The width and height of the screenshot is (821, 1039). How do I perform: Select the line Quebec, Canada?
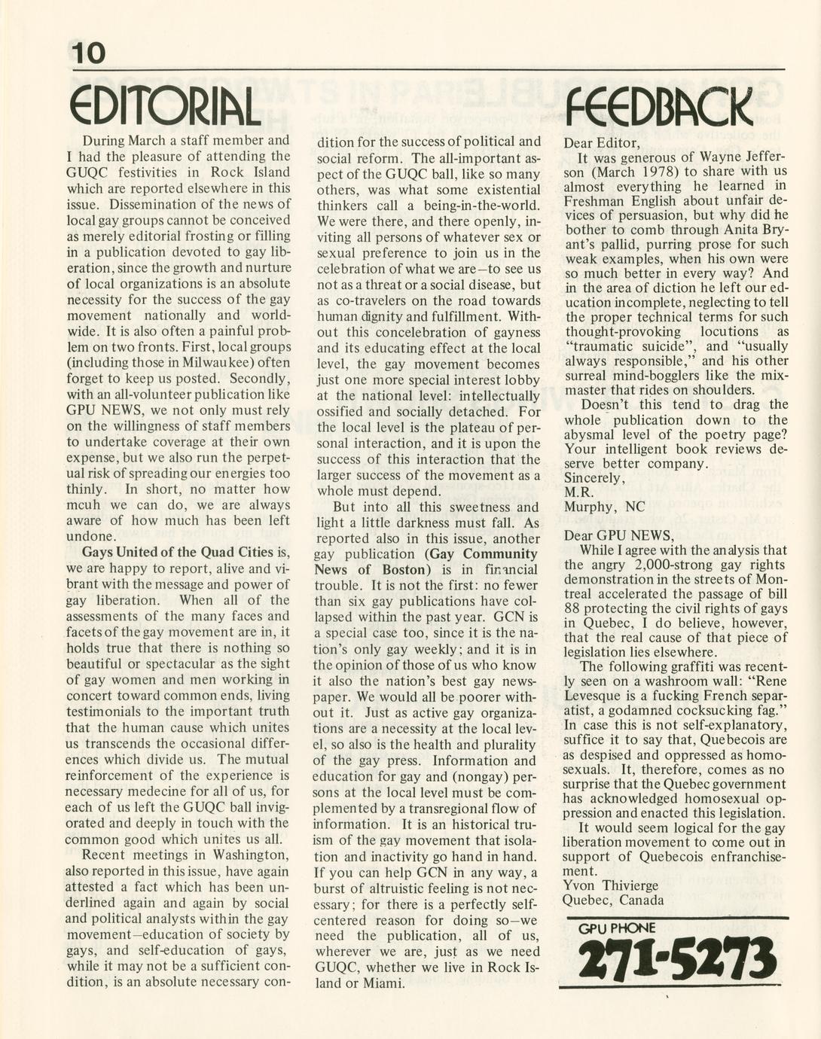click(x=613, y=900)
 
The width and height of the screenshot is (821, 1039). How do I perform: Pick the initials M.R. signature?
click(x=578, y=492)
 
